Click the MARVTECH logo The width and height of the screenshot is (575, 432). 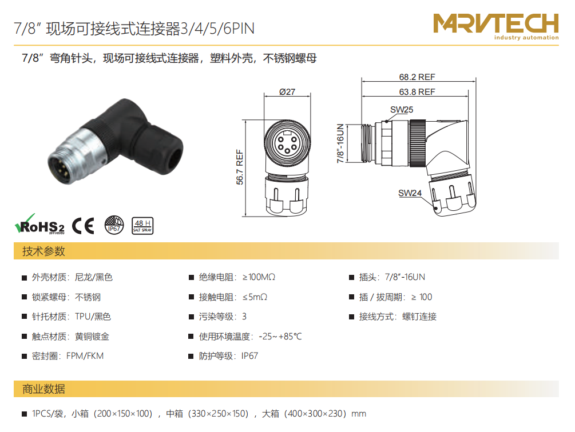496,26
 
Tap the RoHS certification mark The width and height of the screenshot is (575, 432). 39,224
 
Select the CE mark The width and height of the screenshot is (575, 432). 83,226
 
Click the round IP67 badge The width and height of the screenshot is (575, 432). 114,225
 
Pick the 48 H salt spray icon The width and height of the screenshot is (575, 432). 142,226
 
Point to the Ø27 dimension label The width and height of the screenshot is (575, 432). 287,91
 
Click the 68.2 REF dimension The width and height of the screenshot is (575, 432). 417,77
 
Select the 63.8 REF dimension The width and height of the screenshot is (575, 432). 417,91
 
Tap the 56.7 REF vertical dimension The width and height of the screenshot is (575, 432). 240,167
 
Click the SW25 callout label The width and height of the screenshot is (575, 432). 402,110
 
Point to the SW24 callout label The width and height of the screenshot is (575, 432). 410,193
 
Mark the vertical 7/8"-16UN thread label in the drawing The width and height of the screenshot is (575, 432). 340,143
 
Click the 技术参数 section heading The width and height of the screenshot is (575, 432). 43,251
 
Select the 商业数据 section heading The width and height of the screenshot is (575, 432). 43,389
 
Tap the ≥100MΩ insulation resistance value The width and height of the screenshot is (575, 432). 259,277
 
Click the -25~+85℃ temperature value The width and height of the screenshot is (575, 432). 280,337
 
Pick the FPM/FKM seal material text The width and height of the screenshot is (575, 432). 85,356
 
